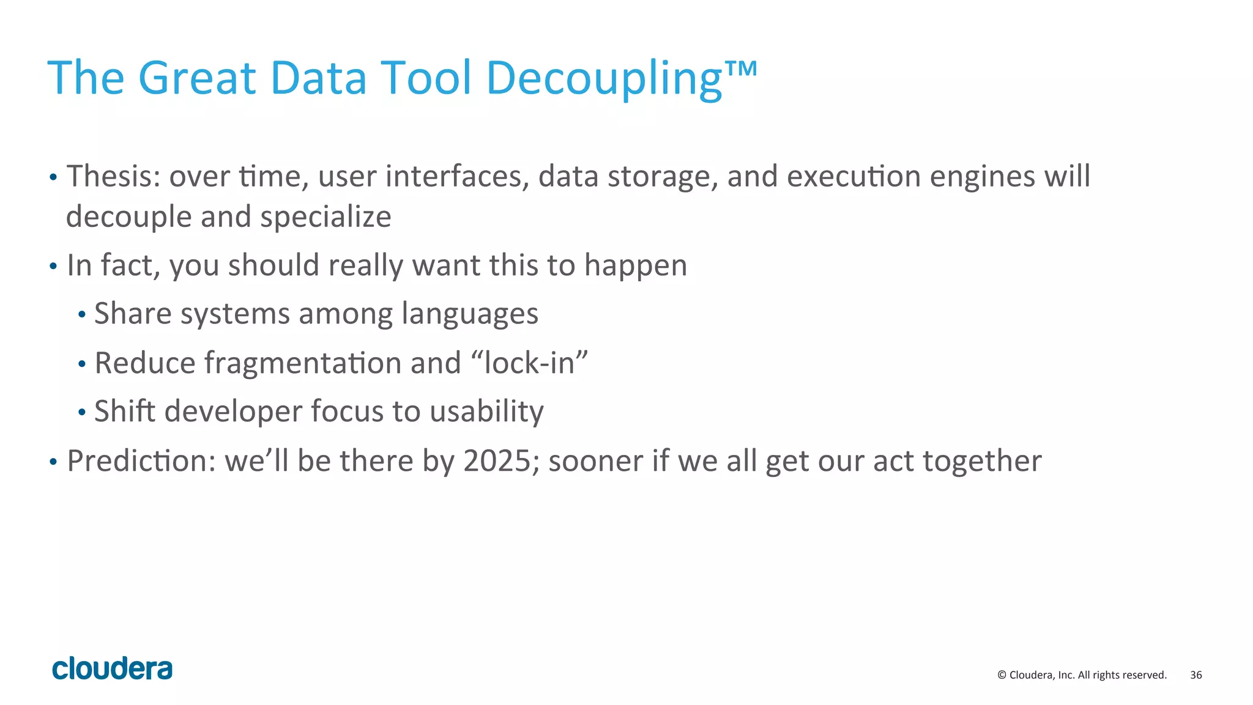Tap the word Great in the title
(196, 78)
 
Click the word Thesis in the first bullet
(113, 177)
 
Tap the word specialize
(325, 217)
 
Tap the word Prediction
(141, 461)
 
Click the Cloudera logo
(113, 668)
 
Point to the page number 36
(1195, 675)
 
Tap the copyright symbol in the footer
(1002, 675)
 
